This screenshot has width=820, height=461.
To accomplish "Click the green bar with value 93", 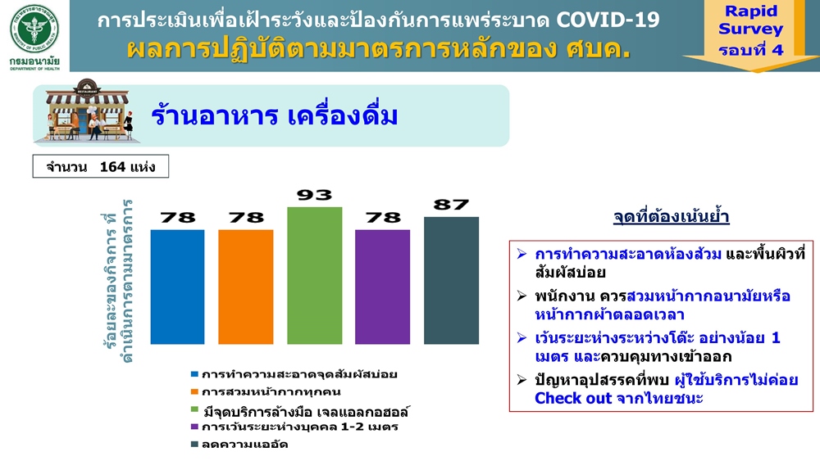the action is click(314, 276).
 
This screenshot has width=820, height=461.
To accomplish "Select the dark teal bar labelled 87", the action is click(451, 280).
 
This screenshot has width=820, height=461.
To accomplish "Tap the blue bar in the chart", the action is click(177, 287).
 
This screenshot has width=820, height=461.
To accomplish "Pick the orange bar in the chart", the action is click(246, 287).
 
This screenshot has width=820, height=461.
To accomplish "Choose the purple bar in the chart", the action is click(382, 287).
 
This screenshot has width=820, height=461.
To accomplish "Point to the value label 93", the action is click(314, 195).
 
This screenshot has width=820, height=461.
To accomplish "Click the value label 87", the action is click(451, 205).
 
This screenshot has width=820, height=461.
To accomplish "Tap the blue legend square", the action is click(194, 374).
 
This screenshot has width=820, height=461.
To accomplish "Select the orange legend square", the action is click(194, 391).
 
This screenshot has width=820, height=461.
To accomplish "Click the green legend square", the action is click(194, 409).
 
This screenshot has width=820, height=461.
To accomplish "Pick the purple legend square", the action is click(194, 427).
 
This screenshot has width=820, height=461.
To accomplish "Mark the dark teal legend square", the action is click(194, 445).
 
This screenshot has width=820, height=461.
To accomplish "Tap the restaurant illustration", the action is click(89, 111).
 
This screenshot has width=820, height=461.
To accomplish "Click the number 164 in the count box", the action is click(112, 166).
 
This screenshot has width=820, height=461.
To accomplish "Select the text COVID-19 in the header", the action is click(608, 20).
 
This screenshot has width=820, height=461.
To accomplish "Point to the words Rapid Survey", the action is click(750, 20).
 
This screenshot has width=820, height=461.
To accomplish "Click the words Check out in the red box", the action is click(573, 398).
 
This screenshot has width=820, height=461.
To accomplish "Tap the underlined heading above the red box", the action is click(671, 217).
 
